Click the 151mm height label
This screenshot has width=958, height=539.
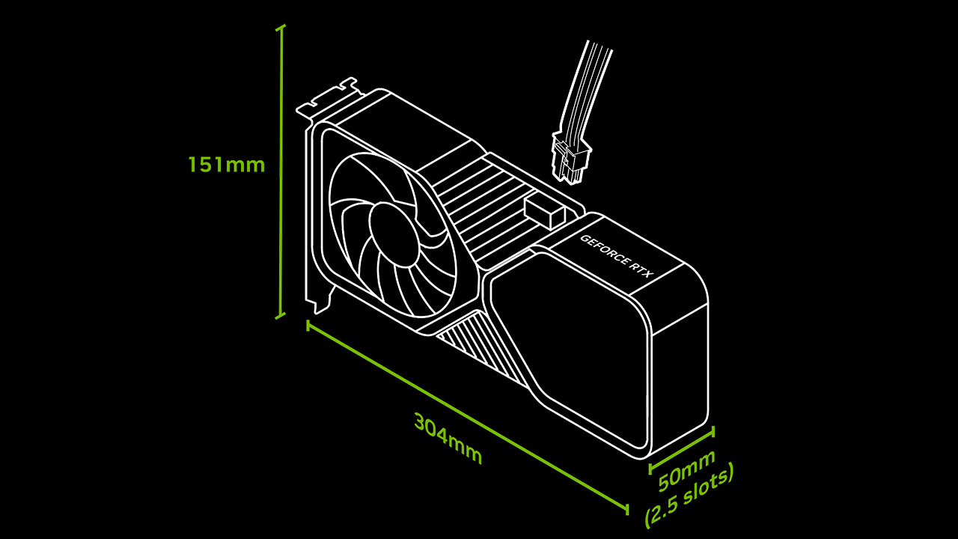pos(227,165)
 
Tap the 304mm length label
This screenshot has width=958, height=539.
pos(448,439)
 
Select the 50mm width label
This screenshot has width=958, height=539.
pos(686,470)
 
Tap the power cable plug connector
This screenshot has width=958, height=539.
pos(571,157)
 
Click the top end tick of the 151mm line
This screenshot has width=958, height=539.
pos(280,28)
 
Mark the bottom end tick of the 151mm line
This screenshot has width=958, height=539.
pos(280,316)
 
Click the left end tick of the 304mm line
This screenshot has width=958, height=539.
pos(308,326)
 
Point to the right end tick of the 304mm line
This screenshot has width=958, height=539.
pos(627,509)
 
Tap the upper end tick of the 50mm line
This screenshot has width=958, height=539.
pos(713,432)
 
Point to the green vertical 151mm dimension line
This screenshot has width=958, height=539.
pos(280,171)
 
